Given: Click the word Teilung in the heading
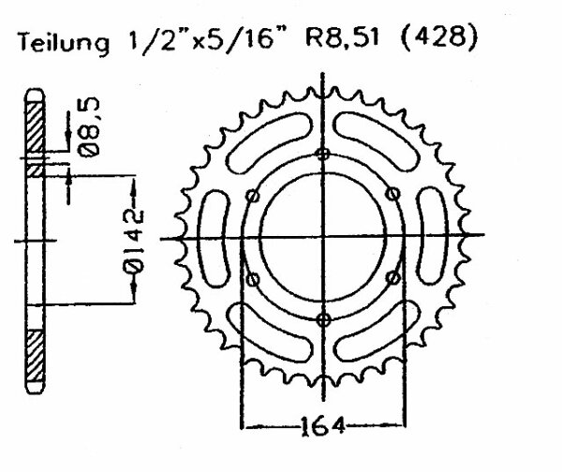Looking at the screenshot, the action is coord(64,43).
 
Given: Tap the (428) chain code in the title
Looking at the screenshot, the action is coord(438,37).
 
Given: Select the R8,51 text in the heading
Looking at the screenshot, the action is coord(342,37).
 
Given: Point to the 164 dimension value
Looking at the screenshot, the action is coord(323,426).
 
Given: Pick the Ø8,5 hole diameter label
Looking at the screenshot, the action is coord(89,127).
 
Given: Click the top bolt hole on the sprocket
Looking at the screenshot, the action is coord(323,155).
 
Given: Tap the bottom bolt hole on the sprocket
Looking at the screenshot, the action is coord(324,319).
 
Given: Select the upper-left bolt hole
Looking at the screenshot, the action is coord(252,196).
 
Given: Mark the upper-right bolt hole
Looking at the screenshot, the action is coord(393,194).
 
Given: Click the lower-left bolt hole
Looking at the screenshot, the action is coord(253,279).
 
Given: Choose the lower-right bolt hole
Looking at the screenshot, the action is coord(393,277).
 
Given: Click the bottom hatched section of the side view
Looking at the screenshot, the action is coord(36,356).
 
